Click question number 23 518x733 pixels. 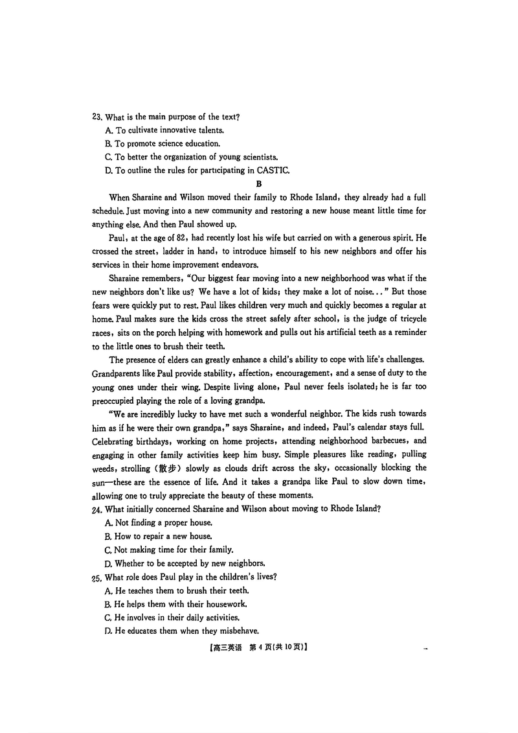[x=97, y=117]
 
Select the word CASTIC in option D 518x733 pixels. [x=275, y=170]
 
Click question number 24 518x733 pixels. [x=97, y=509]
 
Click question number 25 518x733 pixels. [x=97, y=577]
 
